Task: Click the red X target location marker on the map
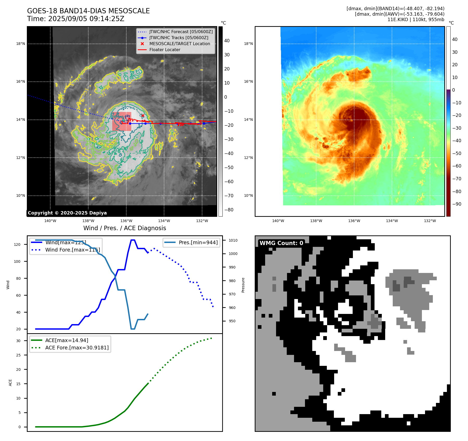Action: click(x=143, y=116)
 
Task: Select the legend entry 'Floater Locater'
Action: click(x=165, y=50)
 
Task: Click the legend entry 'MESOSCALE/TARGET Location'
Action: click(x=179, y=44)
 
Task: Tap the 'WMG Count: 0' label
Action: click(x=281, y=243)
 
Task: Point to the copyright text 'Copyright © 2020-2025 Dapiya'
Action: click(x=67, y=213)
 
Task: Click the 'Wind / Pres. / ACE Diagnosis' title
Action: click(x=124, y=228)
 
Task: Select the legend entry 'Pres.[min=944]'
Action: click(x=198, y=242)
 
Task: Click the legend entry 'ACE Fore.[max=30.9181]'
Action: click(x=77, y=348)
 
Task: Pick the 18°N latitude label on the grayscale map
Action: click(x=21, y=44)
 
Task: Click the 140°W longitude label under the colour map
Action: click(x=278, y=221)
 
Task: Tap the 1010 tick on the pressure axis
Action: click(x=233, y=240)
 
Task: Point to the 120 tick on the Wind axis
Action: click(x=17, y=245)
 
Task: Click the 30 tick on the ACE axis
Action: click(x=18, y=341)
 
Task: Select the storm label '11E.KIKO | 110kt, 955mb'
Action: click(x=416, y=20)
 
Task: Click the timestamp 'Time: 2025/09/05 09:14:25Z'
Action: click(x=76, y=19)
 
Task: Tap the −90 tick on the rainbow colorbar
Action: click(x=457, y=204)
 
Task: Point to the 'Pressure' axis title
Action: click(x=243, y=285)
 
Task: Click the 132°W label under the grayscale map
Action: click(x=202, y=221)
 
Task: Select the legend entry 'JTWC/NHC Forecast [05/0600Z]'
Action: click(x=181, y=32)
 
